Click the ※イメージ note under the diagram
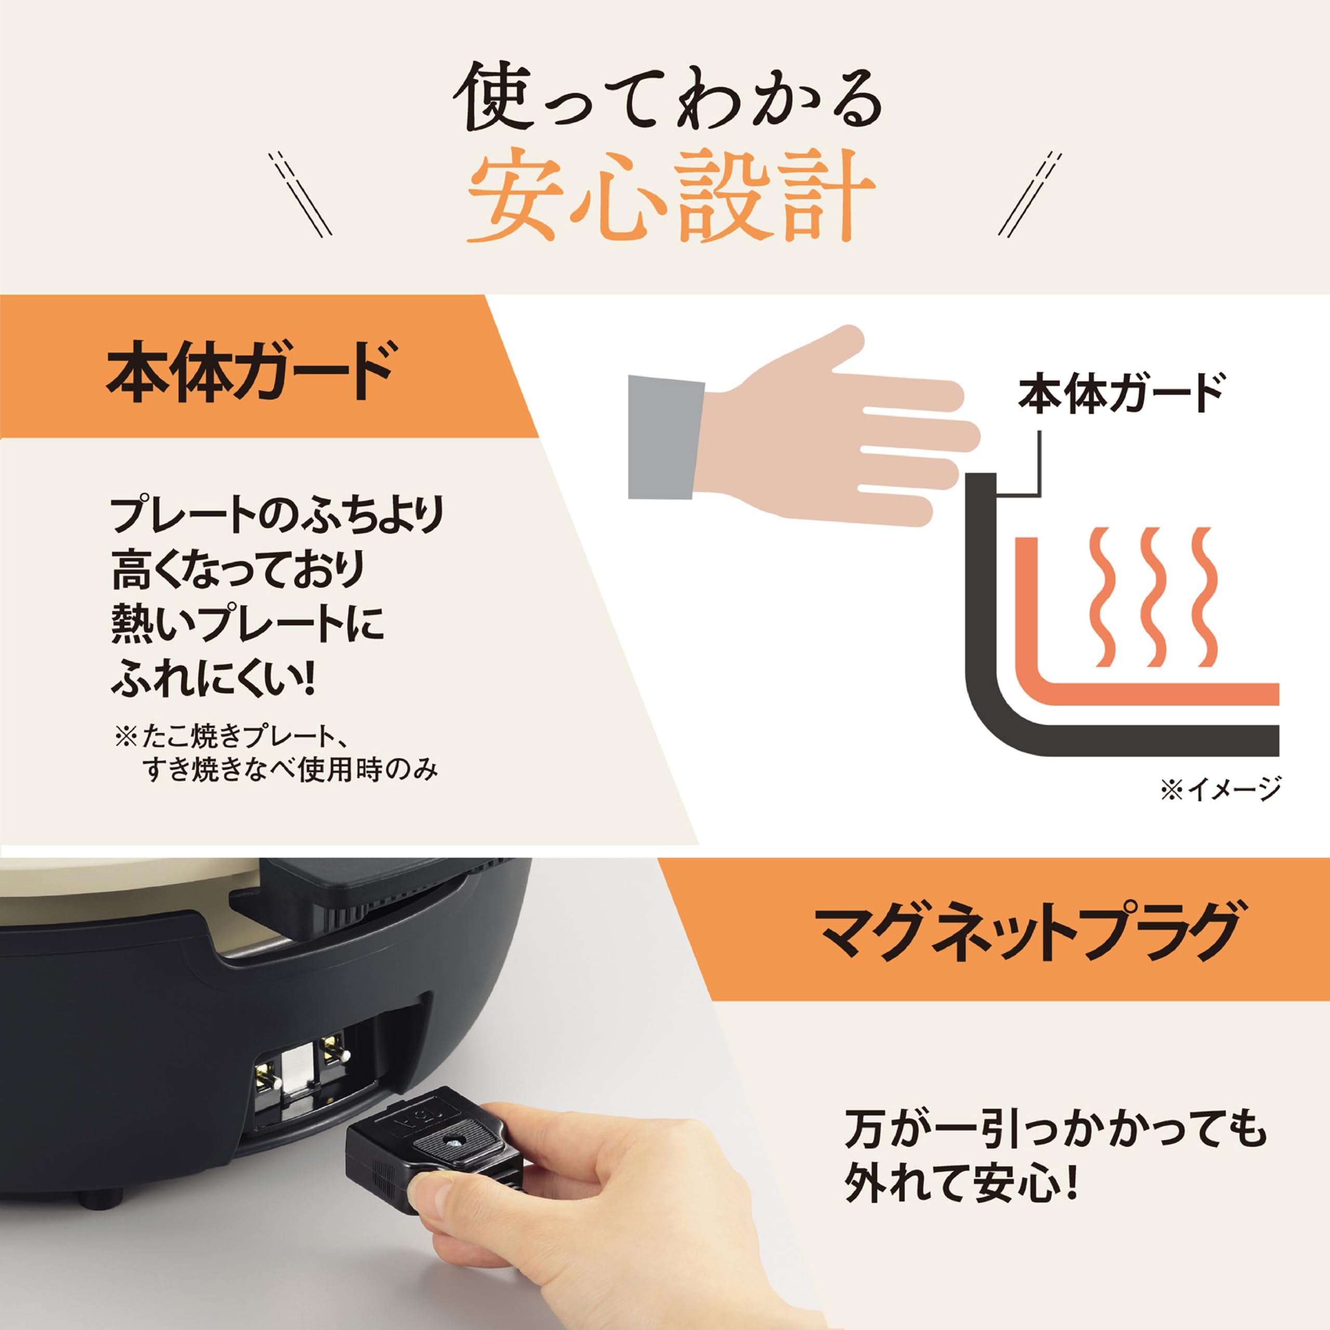point(1220,789)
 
